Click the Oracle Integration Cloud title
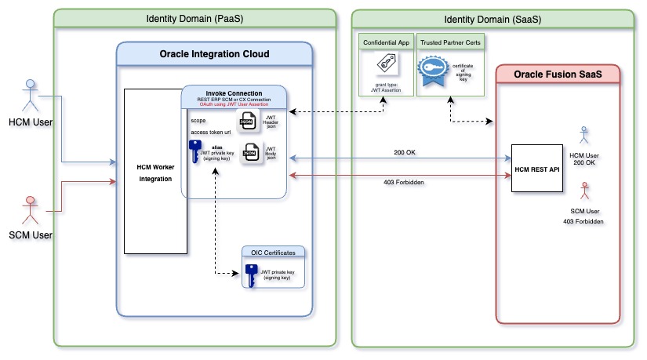tap(214, 53)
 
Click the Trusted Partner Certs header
tap(451, 41)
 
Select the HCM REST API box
tap(539, 168)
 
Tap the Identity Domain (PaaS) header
tap(194, 18)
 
